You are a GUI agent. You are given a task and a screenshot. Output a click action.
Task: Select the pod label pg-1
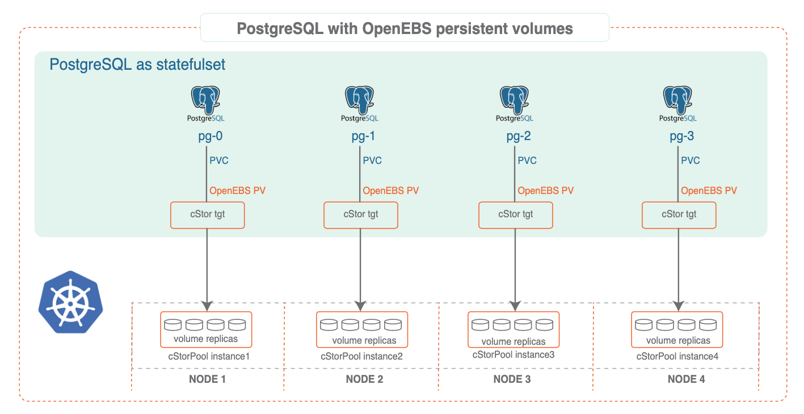360,137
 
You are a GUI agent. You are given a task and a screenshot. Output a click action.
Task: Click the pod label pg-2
515,137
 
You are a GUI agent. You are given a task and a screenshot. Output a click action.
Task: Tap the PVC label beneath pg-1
372,160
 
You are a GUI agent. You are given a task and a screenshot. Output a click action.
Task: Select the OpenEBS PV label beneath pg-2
546,191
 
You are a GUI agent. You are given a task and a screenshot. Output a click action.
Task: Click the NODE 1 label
207,379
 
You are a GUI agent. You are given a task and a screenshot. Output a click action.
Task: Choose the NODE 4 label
686,379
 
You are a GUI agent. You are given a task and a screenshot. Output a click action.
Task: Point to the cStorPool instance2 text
361,357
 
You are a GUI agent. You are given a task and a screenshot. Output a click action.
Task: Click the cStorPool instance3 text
513,355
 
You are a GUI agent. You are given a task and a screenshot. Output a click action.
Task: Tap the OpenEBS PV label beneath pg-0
237,191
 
